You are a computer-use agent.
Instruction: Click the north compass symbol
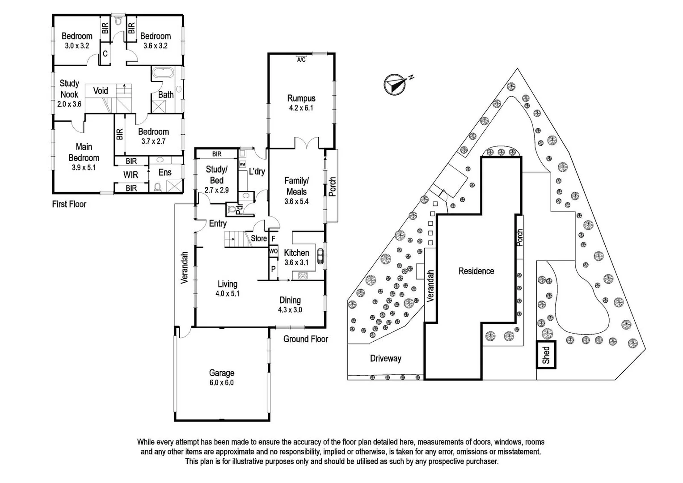coord(395,85)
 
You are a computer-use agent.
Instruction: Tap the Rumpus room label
coord(301,98)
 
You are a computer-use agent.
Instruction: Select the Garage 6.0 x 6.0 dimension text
coord(222,383)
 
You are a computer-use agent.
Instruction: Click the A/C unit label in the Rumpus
coord(301,60)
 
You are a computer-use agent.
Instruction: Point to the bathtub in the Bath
coord(163,73)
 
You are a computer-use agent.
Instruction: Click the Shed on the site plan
coord(546,355)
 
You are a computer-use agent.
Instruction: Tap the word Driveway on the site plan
coord(385,359)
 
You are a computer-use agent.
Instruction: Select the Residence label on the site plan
coord(476,271)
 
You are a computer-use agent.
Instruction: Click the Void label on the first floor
coord(101,91)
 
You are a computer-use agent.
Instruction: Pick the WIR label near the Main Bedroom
coord(131,175)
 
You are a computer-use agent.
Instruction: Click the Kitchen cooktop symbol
coord(303,276)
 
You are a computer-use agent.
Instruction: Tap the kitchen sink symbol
coord(320,256)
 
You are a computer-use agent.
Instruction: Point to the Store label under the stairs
coord(259,238)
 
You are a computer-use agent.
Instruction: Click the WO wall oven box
coord(274,251)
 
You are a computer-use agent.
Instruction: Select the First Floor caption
coord(69,204)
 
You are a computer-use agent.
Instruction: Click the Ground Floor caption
coord(306,339)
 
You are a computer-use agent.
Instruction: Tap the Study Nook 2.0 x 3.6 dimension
coord(69,104)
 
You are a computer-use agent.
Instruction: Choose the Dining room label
coord(290,300)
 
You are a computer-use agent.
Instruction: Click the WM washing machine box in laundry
coord(242,165)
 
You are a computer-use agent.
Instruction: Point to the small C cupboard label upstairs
coord(105,54)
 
